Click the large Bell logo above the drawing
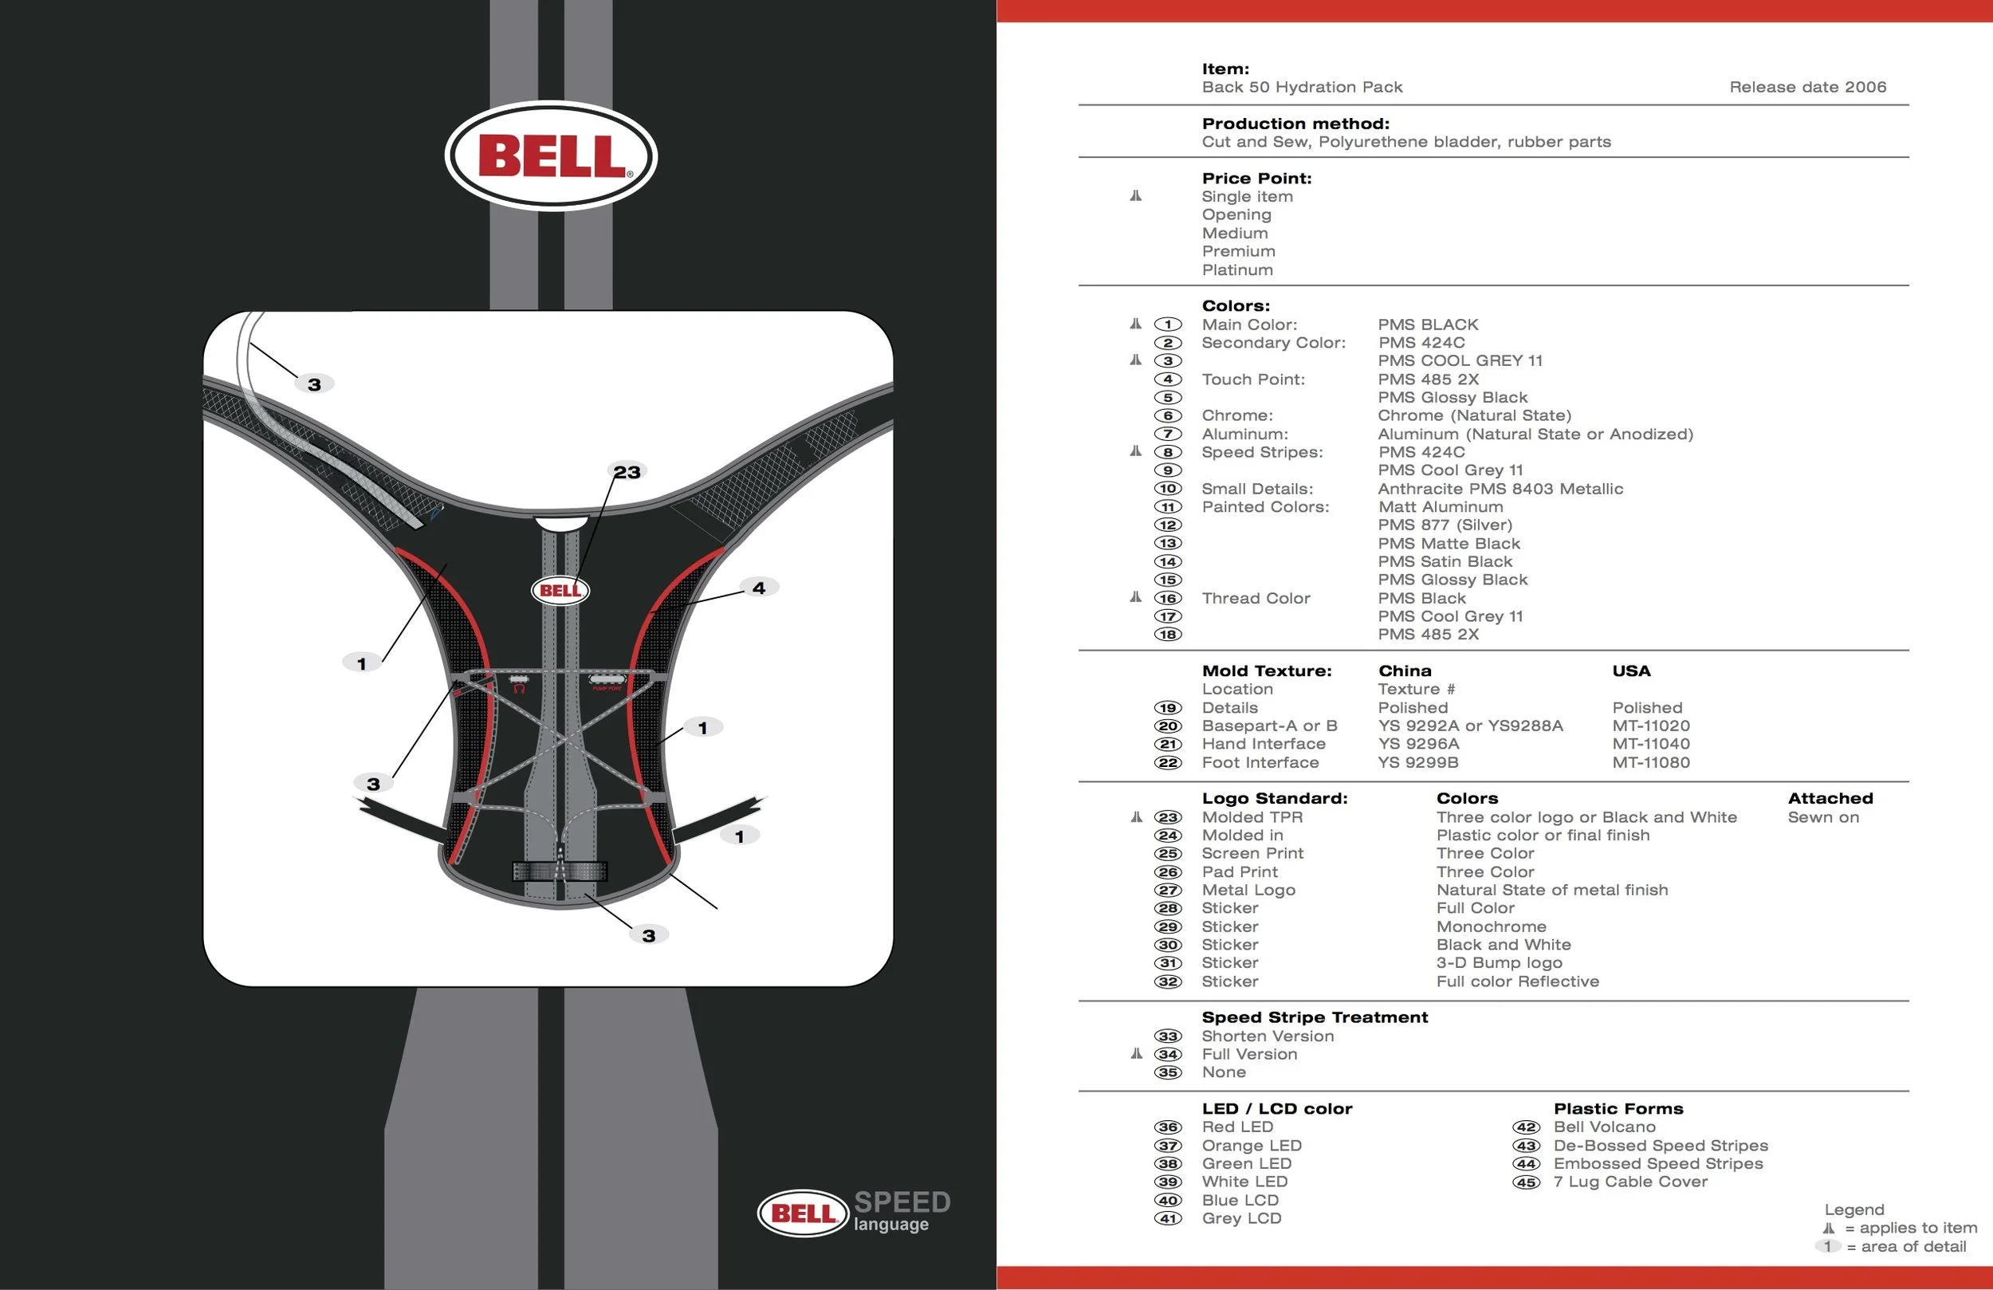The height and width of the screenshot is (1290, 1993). [x=551, y=155]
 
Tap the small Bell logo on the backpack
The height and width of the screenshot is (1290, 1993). [x=560, y=591]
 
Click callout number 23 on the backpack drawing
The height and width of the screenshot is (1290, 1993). [x=627, y=473]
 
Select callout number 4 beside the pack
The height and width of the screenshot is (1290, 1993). [x=759, y=588]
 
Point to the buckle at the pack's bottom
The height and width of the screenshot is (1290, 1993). [x=560, y=871]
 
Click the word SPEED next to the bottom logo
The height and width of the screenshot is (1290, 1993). [x=902, y=1202]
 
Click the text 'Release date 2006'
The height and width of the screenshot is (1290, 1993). [x=1807, y=87]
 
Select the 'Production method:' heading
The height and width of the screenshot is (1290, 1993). [x=1295, y=124]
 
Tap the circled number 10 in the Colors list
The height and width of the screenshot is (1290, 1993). [x=1167, y=489]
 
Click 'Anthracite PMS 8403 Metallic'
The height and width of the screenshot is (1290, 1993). [x=1500, y=489]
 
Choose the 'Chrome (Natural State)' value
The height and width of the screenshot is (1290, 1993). [x=1474, y=415]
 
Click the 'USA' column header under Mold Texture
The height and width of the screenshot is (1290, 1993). [x=1630, y=671]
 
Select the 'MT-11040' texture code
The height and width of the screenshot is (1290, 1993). [x=1650, y=744]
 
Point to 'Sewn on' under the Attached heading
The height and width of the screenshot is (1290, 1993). [x=1823, y=816]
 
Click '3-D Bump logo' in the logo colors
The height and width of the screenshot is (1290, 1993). [x=1499, y=962]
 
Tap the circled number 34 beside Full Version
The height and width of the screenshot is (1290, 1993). [x=1167, y=1054]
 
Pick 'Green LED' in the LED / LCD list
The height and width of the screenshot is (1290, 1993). [x=1246, y=1163]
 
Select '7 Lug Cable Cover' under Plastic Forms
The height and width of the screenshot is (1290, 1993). [x=1629, y=1182]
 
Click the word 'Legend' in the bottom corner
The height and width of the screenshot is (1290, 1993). [x=1854, y=1209]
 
